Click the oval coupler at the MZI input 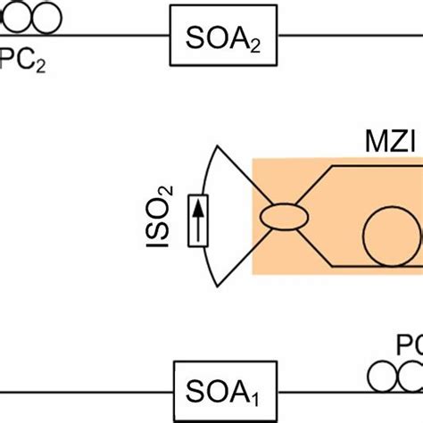(281, 218)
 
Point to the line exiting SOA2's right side (348, 37)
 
